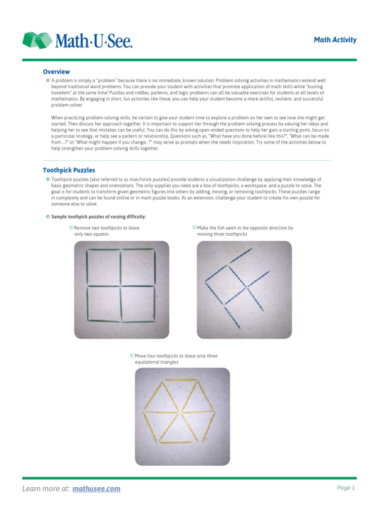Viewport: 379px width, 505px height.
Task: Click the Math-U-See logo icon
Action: click(37, 40)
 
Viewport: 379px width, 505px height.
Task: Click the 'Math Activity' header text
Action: click(335, 40)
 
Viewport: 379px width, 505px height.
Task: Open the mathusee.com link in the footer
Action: click(97, 489)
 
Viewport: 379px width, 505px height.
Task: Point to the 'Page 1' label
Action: click(345, 488)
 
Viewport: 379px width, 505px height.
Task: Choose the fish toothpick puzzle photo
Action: click(244, 289)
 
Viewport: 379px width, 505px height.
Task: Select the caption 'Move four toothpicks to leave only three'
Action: click(176, 356)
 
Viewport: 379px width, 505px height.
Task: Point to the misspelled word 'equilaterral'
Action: click(151, 362)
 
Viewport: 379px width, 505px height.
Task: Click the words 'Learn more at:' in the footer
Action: click(46, 489)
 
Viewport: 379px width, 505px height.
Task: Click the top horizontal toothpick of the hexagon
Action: click(182, 380)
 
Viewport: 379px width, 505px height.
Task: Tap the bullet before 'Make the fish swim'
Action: click(194, 228)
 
